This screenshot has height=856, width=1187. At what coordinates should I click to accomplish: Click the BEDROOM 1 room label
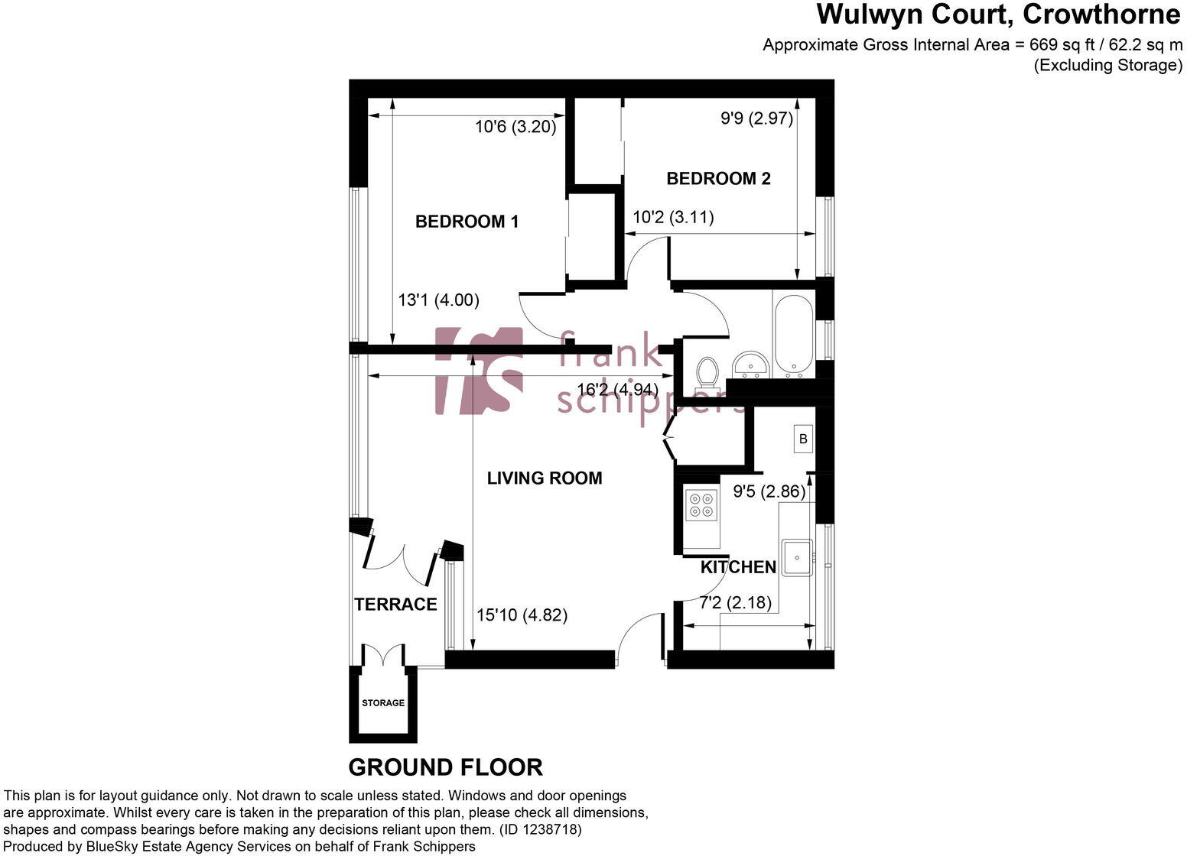coord(467,222)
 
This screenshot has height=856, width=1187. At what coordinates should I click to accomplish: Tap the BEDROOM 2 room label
coord(718,179)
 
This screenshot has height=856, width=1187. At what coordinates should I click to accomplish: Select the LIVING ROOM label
coord(545,478)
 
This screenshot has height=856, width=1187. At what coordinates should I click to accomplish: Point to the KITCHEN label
coord(738,567)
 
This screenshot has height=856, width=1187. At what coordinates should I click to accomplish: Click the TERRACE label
coord(395,605)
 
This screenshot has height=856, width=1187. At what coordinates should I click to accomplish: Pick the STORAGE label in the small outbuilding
coord(383,703)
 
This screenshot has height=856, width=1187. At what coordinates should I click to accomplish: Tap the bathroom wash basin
coord(750,365)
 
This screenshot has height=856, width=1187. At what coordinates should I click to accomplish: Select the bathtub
coord(792,336)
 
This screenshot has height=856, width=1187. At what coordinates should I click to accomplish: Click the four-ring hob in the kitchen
coord(701,504)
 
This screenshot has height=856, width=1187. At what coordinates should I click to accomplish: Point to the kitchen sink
coord(796,558)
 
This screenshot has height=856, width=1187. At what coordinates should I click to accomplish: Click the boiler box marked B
coord(802,439)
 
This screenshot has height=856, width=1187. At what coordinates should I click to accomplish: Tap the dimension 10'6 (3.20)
coord(515,127)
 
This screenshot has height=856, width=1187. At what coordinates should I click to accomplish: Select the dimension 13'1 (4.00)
coord(438,300)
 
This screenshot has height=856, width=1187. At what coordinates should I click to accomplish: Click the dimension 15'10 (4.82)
coord(522,615)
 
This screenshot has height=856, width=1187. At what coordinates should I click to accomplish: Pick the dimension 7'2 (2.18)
coord(735,603)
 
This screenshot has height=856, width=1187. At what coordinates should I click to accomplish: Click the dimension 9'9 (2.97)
coord(756,118)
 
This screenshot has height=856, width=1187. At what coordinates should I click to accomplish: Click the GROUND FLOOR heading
coord(445,767)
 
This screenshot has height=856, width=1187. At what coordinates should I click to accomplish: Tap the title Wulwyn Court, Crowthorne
coord(998,15)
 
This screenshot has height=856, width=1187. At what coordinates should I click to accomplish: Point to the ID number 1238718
coord(554,829)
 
